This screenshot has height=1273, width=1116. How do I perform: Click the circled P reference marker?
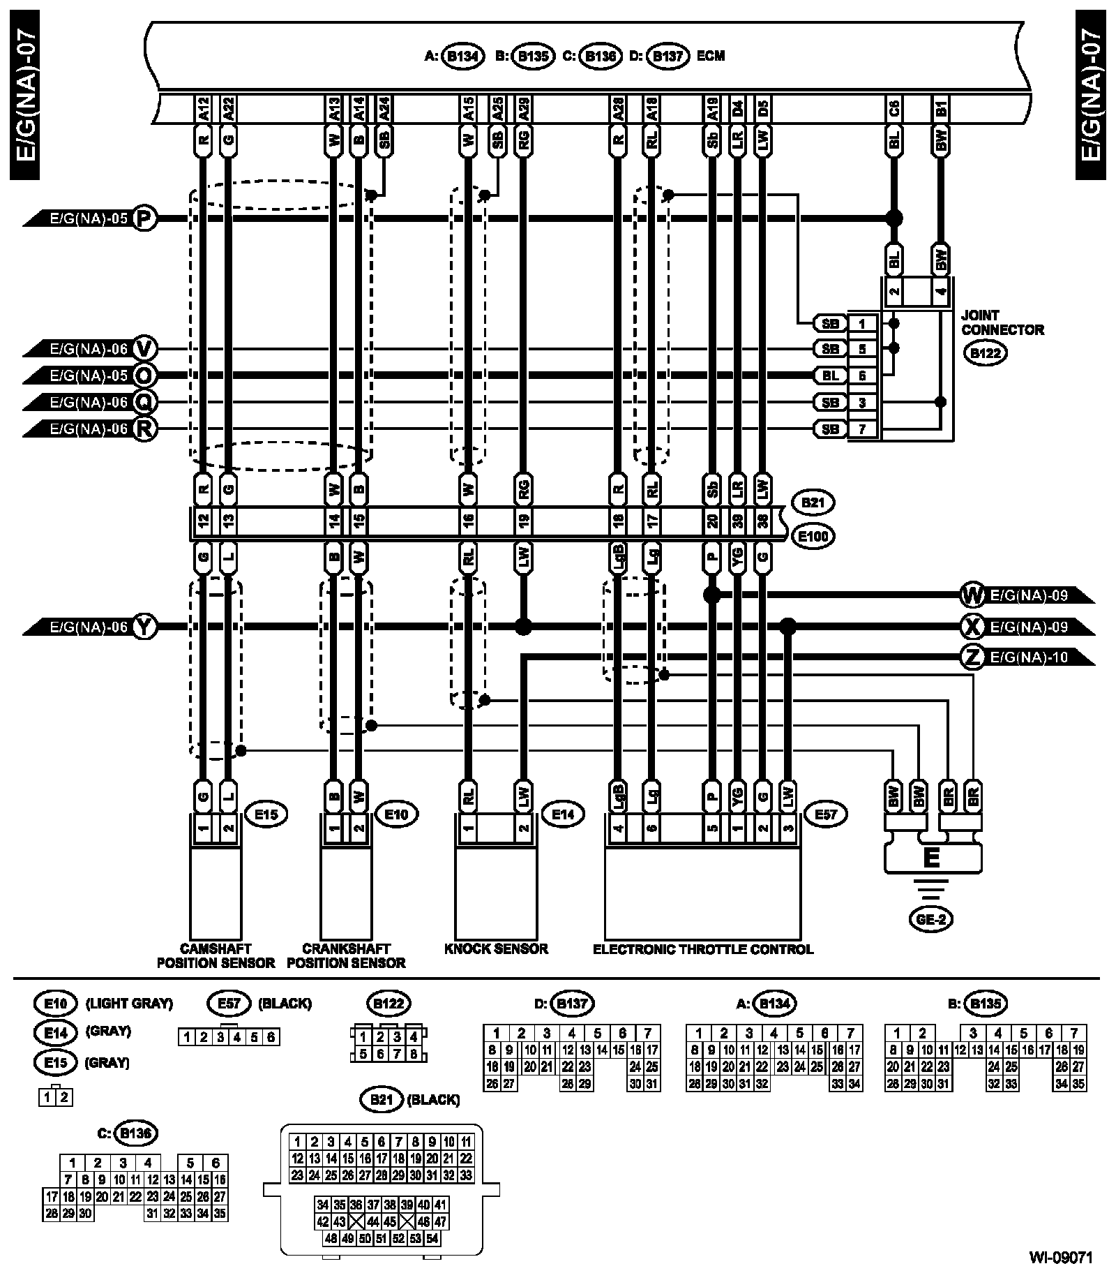click(x=144, y=218)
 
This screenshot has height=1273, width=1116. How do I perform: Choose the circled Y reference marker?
click(x=144, y=627)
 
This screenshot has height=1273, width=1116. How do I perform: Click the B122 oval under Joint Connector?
click(x=984, y=352)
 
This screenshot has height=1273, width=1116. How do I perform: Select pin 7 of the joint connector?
click(x=862, y=429)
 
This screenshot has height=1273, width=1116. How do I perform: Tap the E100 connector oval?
click(x=814, y=537)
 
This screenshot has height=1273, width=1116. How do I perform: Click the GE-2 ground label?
click(x=930, y=919)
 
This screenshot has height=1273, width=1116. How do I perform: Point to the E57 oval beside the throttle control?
click(x=826, y=813)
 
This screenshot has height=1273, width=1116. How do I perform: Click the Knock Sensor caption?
click(x=496, y=948)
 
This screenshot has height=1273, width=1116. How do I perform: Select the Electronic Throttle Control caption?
click(x=702, y=949)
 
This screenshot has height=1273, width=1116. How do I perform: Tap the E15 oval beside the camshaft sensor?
click(x=266, y=813)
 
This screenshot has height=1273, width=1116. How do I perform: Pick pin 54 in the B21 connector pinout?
click(x=432, y=1239)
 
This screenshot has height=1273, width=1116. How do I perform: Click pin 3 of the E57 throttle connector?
click(x=788, y=830)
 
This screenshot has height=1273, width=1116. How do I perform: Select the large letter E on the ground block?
click(x=931, y=856)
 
